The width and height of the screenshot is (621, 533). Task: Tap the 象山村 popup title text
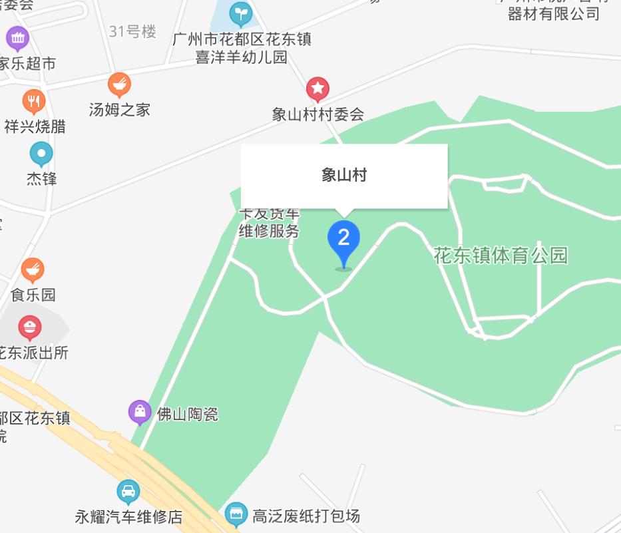pyautogui.click(x=343, y=175)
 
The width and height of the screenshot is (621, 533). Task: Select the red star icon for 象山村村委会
pyautogui.click(x=317, y=88)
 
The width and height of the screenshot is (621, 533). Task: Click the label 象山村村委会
pyautogui.click(x=318, y=114)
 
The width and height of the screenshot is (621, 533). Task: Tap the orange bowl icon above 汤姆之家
pyautogui.click(x=119, y=84)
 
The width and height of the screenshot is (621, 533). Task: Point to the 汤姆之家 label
pyautogui.click(x=120, y=109)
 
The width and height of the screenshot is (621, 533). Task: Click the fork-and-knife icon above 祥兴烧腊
pyautogui.click(x=33, y=101)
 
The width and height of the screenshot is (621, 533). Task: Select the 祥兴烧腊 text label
pyautogui.click(x=35, y=126)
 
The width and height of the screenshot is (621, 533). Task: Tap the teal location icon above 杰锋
pyautogui.click(x=41, y=154)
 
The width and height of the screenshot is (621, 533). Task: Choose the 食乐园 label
pyautogui.click(x=33, y=294)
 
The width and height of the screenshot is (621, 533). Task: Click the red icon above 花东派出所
pyautogui.click(x=29, y=327)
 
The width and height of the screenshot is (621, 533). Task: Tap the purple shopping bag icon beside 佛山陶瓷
pyautogui.click(x=140, y=413)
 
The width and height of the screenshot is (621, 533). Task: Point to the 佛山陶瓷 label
pyautogui.click(x=187, y=415)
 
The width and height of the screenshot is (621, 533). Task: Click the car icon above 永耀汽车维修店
pyautogui.click(x=128, y=492)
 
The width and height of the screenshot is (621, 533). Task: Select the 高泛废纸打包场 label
pyautogui.click(x=306, y=515)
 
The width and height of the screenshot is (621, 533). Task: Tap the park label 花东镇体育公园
pyautogui.click(x=501, y=256)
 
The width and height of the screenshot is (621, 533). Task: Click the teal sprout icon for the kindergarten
pyautogui.click(x=240, y=13)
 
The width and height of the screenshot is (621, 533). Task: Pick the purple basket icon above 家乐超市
pyautogui.click(x=17, y=38)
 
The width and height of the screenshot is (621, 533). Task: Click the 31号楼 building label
pyautogui.click(x=132, y=31)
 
